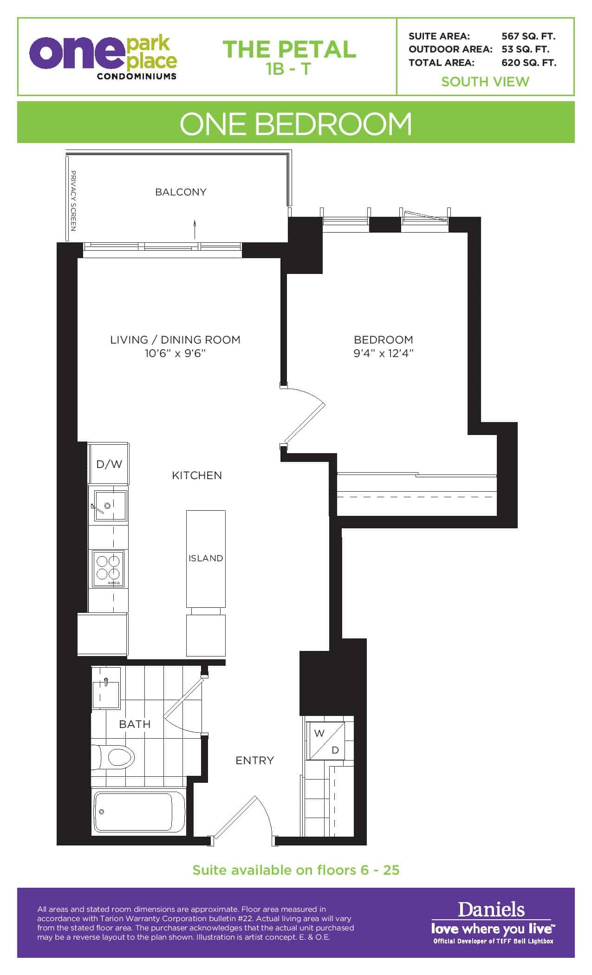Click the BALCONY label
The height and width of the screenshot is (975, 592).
pyautogui.click(x=181, y=192)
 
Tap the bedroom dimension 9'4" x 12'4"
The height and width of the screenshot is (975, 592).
pyautogui.click(x=384, y=353)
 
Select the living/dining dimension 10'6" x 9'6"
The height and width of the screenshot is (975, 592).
pyautogui.click(x=175, y=353)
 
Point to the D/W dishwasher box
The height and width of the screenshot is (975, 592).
pyautogui.click(x=109, y=464)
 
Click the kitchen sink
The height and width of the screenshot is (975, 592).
pyautogui.click(x=110, y=506)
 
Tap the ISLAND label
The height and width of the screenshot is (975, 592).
pyautogui.click(x=206, y=558)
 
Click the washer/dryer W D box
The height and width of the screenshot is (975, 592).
pyautogui.click(x=327, y=741)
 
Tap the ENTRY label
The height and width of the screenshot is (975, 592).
pyautogui.click(x=254, y=760)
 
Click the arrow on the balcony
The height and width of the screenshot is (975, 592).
pyautogui.click(x=195, y=229)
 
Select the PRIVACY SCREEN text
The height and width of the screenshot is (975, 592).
pyautogui.click(x=73, y=201)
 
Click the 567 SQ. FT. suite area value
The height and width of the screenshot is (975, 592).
pyautogui.click(x=528, y=36)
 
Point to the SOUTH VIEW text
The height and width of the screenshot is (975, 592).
pyautogui.click(x=485, y=82)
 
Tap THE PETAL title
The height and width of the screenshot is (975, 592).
pyautogui.click(x=289, y=50)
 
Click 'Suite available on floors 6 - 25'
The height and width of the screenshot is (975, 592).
pyautogui.click(x=296, y=870)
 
